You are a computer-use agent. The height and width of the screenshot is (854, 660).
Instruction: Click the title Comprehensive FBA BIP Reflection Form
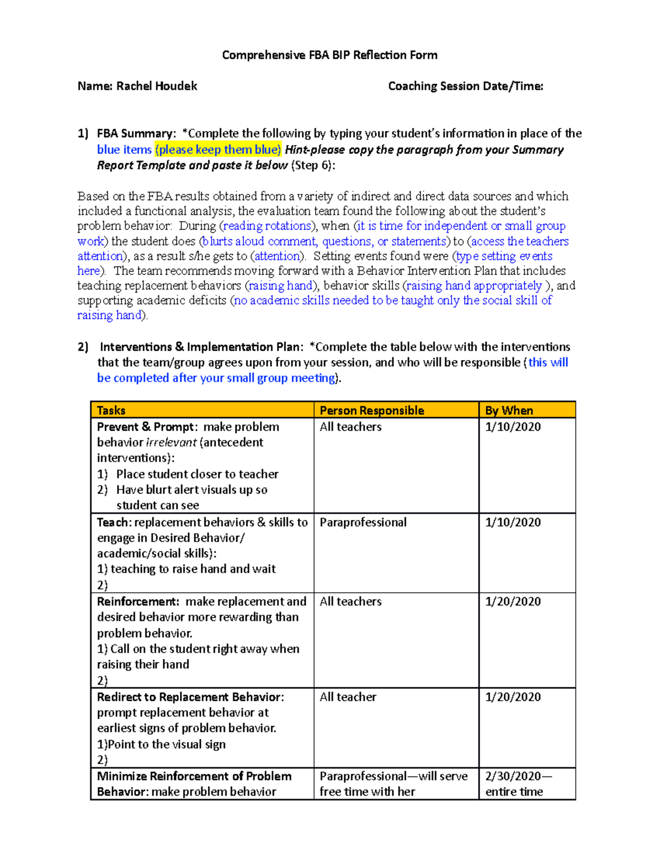point(329,55)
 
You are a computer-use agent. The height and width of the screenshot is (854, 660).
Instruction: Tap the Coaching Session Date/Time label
point(465,86)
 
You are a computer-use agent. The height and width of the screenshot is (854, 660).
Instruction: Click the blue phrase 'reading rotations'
point(267,226)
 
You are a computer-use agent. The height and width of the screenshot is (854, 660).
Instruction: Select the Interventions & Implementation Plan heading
point(201,347)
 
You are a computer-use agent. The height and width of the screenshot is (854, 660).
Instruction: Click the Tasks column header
point(111,410)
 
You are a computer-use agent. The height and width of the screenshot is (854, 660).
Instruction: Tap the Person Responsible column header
point(372,410)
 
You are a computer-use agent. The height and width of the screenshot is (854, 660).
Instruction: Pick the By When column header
point(509,410)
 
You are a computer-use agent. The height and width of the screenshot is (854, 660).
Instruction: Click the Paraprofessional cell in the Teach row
point(363,522)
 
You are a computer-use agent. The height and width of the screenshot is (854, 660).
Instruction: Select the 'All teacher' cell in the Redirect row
point(348,697)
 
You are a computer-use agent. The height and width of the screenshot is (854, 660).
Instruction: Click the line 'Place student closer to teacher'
point(197,474)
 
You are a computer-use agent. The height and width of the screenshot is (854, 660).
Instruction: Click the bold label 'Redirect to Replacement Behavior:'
point(190,697)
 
